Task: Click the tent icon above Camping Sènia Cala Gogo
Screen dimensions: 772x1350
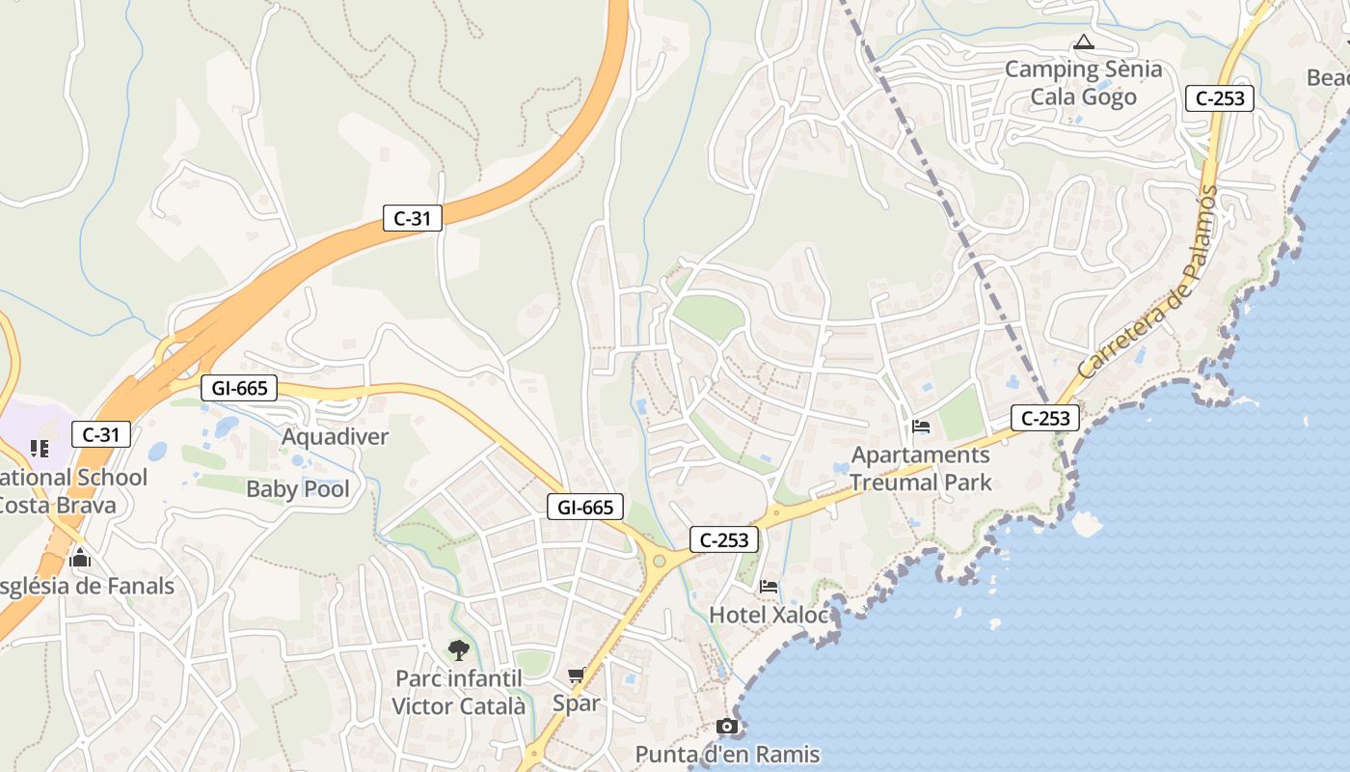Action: (x=1084, y=41)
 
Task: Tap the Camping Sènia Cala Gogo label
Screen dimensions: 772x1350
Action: (x=1084, y=83)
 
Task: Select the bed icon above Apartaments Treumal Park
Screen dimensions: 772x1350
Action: (x=921, y=427)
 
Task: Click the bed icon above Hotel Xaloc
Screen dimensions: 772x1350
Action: (x=769, y=586)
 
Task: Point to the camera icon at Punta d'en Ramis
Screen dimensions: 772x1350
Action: (x=727, y=727)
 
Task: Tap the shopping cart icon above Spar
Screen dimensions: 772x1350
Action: (x=577, y=675)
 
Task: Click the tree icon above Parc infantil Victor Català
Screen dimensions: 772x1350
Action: (x=459, y=649)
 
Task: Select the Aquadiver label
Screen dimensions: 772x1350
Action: (x=335, y=437)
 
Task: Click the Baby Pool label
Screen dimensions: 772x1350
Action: (x=299, y=489)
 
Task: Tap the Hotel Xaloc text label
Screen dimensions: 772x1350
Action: (x=769, y=615)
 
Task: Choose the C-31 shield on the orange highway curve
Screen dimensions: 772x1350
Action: (x=413, y=218)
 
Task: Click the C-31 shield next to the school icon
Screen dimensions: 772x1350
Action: (x=101, y=434)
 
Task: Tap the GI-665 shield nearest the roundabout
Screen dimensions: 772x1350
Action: (x=585, y=507)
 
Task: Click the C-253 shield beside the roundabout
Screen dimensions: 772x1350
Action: (x=724, y=540)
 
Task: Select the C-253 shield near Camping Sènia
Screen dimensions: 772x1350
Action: (x=1220, y=97)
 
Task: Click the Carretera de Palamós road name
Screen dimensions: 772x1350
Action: (x=1147, y=283)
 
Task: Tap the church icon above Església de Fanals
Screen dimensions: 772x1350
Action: (x=80, y=558)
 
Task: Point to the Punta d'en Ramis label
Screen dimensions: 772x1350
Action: (x=727, y=755)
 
